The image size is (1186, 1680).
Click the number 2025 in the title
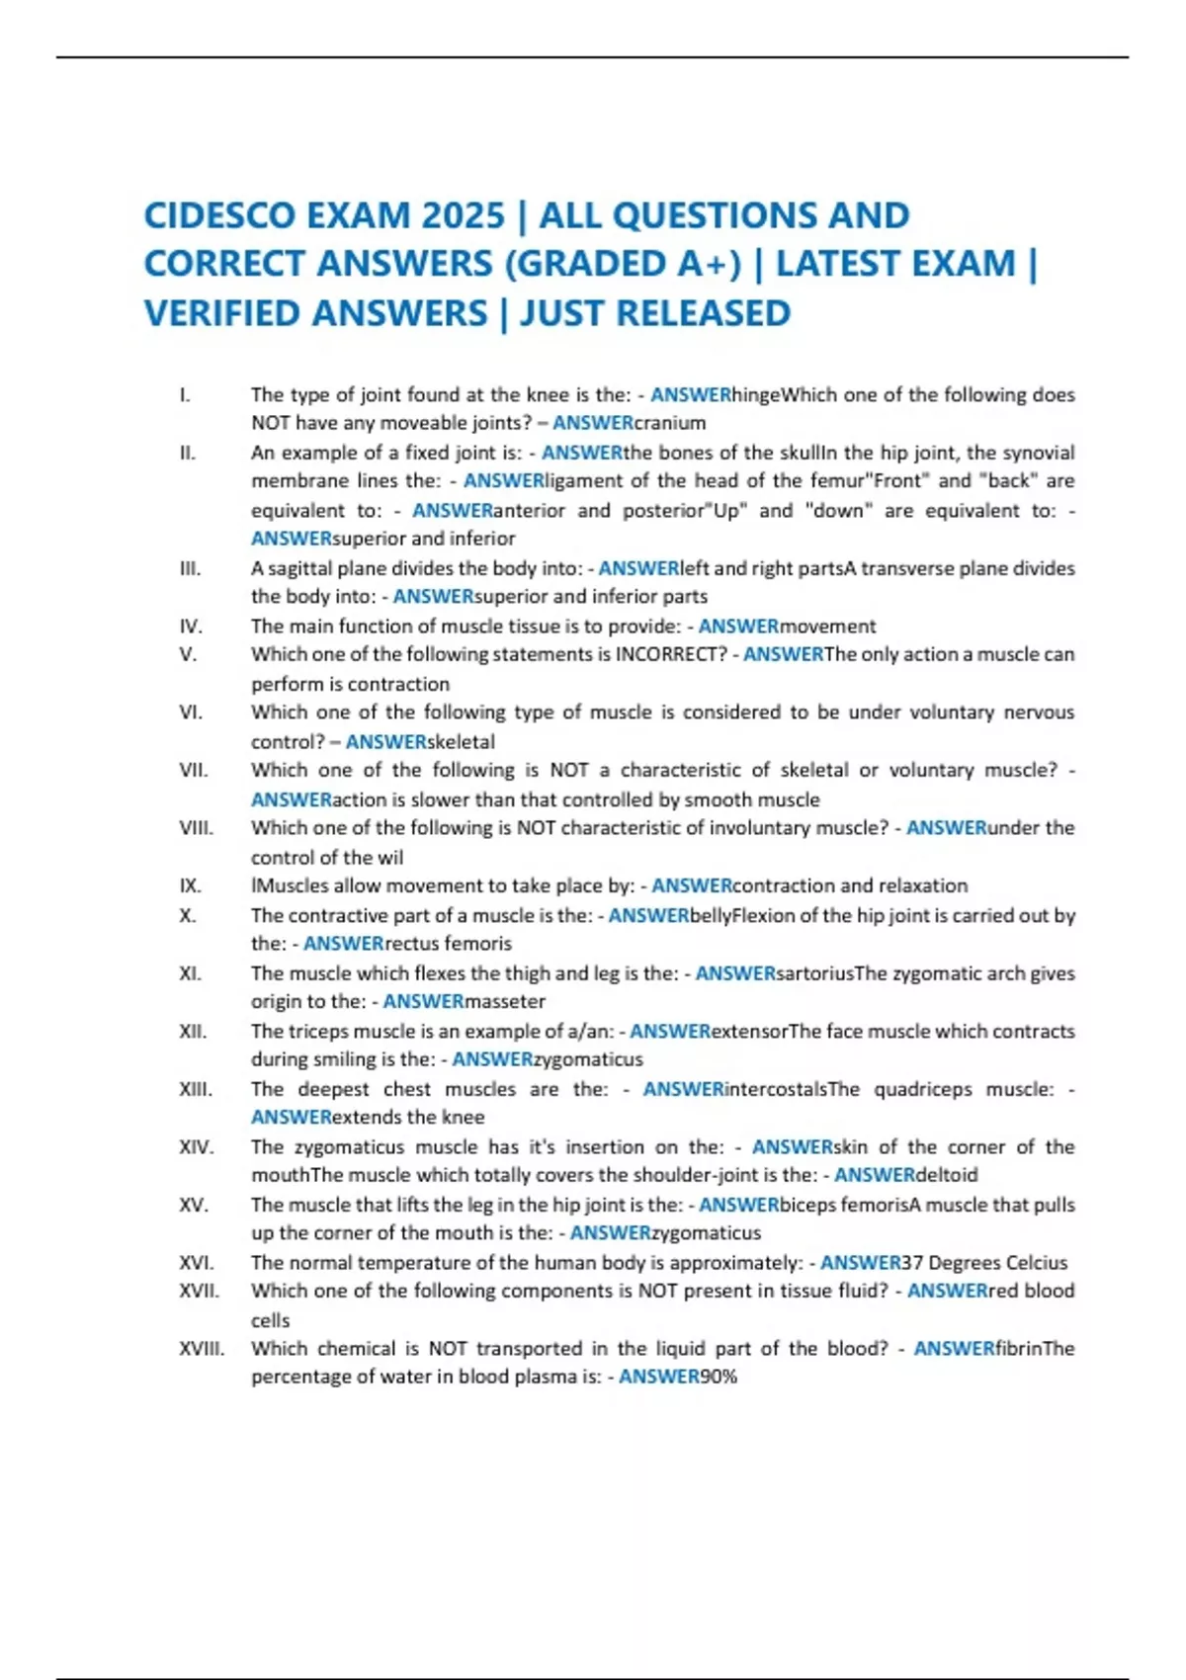[x=463, y=215]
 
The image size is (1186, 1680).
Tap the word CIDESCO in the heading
[x=219, y=215]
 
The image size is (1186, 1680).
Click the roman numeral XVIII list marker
[x=202, y=1349]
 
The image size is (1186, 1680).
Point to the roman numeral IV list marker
[x=191, y=627]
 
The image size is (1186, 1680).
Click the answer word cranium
[x=669, y=423]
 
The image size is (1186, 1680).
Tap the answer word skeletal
[x=460, y=741]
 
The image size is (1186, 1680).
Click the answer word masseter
[x=504, y=1001]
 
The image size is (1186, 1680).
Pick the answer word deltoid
[x=946, y=1175]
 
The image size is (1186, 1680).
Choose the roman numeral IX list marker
[x=190, y=885]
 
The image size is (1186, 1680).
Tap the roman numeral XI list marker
[x=190, y=973]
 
